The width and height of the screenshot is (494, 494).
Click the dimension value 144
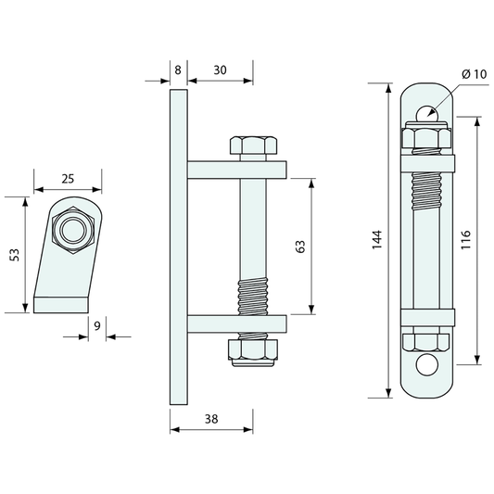377,240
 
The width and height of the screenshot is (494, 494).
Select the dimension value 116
465,240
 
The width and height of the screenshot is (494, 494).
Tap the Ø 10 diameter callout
475,74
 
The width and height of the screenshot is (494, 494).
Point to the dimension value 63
301,247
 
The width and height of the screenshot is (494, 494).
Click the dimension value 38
211,419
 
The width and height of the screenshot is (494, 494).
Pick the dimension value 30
220,70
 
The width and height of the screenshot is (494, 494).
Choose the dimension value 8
178,70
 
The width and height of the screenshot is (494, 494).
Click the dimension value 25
68,179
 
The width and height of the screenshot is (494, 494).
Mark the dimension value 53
15,255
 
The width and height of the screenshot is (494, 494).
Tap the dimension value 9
97,325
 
